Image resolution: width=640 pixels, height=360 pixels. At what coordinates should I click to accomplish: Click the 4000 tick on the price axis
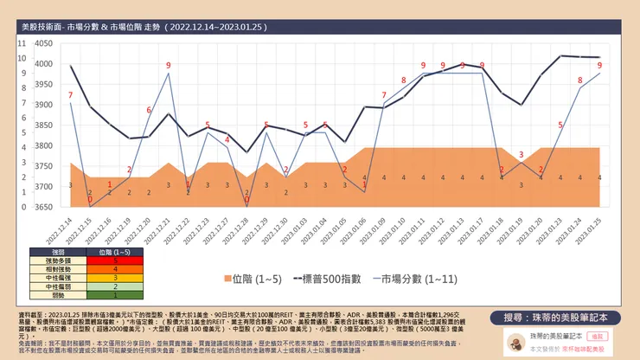(x=42, y=63)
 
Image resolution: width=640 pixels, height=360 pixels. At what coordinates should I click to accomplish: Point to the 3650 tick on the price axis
(x=42, y=207)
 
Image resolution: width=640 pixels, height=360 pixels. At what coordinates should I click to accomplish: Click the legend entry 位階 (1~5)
(x=257, y=279)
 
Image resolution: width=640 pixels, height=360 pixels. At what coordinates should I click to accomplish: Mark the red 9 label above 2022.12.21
(x=168, y=66)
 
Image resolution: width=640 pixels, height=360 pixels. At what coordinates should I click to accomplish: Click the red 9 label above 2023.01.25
(x=599, y=66)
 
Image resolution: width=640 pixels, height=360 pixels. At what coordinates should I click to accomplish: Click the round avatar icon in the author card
(x=515, y=341)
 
